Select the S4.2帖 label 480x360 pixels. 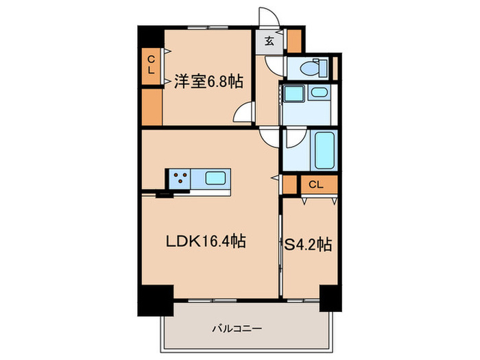point(309,243)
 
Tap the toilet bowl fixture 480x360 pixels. point(312,68)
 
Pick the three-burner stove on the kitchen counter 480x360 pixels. point(181,179)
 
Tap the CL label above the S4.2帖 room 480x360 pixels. point(315,184)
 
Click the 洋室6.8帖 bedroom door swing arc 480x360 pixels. point(244,115)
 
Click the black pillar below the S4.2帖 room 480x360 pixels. point(331,297)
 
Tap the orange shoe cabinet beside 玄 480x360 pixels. point(294,41)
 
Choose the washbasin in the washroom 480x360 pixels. point(318,94)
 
